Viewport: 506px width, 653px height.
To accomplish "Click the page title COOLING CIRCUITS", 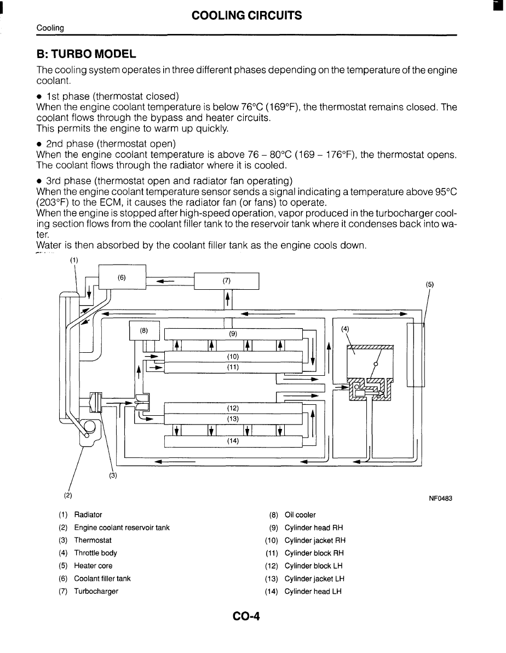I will click(x=246, y=15).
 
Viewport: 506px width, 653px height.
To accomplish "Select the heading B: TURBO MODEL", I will click(x=85, y=54).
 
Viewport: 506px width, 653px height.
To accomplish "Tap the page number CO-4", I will click(x=245, y=617).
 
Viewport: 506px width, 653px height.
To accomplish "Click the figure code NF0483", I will click(x=440, y=499).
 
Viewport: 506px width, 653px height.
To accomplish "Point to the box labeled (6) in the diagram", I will click(x=122, y=277).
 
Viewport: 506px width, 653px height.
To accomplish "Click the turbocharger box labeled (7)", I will click(x=227, y=280).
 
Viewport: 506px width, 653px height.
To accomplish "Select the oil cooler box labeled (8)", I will click(x=143, y=330).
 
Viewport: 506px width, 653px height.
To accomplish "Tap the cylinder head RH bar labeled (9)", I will click(x=233, y=333).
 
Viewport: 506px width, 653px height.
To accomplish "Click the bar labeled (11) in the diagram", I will click(x=233, y=367).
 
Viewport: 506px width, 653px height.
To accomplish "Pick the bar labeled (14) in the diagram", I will click(x=233, y=441).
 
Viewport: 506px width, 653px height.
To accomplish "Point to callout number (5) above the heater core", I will click(x=429, y=284).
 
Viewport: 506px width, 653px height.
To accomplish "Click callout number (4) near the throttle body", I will click(x=344, y=329).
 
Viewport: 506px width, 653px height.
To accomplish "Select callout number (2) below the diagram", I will click(x=67, y=495).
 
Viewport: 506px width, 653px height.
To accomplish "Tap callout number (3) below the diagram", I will click(x=113, y=476).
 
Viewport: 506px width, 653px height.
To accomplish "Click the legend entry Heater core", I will click(x=93, y=566).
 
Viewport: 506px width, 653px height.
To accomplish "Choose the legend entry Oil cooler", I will click(x=300, y=515).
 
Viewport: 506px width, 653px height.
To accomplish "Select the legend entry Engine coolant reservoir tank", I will click(x=122, y=528).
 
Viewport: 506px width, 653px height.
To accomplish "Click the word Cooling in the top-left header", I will click(x=50, y=28).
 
